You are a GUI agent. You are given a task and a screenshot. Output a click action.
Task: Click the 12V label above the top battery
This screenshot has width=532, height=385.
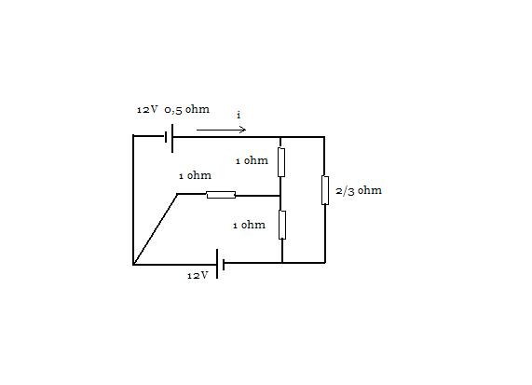(147, 109)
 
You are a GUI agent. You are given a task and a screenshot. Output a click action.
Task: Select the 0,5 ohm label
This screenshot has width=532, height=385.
(187, 109)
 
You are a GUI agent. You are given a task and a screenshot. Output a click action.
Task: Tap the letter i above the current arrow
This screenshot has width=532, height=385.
(239, 115)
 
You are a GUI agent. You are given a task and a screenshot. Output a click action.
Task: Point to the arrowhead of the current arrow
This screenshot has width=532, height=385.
(242, 130)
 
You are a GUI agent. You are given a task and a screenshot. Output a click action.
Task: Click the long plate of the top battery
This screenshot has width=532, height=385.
(172, 138)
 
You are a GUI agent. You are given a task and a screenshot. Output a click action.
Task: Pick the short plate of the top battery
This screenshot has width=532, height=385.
(166, 137)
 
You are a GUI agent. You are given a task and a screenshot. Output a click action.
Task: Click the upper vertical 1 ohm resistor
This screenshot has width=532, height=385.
(281, 162)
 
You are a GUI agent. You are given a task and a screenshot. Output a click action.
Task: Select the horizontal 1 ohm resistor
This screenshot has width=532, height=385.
(221, 195)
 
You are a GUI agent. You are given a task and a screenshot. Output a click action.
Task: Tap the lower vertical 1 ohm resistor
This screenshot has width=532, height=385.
(282, 225)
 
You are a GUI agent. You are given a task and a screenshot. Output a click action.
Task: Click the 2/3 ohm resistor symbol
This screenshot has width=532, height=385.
(325, 190)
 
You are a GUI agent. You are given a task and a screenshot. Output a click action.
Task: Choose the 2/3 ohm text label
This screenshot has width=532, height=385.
(359, 190)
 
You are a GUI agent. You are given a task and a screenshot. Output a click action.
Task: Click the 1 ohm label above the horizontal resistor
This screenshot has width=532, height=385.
(195, 175)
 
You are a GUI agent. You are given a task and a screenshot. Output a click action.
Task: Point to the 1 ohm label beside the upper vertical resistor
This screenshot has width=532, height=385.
(252, 160)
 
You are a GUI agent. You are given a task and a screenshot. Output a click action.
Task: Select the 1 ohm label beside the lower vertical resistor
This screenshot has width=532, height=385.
(249, 225)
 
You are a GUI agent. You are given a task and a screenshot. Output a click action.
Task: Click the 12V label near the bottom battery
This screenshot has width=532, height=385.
(198, 275)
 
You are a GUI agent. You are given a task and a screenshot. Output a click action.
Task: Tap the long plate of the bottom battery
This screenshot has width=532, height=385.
(217, 264)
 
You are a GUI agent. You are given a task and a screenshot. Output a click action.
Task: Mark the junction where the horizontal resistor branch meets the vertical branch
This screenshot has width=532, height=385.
(280, 196)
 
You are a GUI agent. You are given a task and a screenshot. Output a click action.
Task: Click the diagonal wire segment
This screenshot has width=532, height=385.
(155, 229)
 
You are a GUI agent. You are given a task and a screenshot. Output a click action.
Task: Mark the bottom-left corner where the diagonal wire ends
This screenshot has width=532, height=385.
(133, 264)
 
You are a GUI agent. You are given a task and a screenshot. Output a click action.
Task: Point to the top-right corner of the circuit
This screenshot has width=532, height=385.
(324, 137)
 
